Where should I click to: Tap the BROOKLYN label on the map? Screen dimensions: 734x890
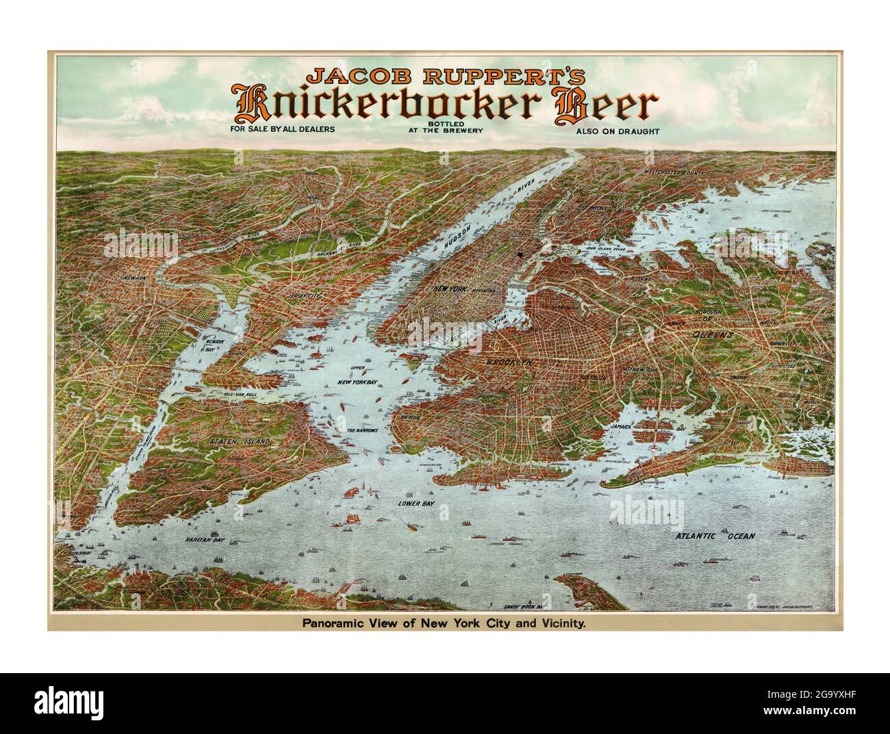click(x=510, y=363)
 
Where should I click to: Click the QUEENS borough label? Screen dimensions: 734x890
click(x=712, y=335)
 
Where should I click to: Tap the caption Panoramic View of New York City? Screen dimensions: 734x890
click(x=445, y=624)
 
